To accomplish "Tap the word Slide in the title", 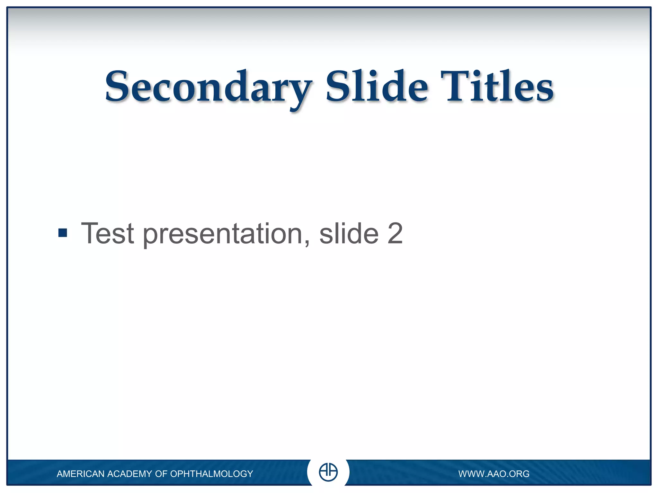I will tap(376, 87).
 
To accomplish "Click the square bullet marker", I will tap(63, 233).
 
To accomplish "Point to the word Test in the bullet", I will tap(107, 233).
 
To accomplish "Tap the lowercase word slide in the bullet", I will tap(349, 233).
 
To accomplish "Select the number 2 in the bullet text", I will tap(395, 233).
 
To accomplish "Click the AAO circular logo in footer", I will tap(328, 472).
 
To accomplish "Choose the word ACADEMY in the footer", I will tap(130, 474).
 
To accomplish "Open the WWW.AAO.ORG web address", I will tap(493, 474).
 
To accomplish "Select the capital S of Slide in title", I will tap(339, 86).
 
